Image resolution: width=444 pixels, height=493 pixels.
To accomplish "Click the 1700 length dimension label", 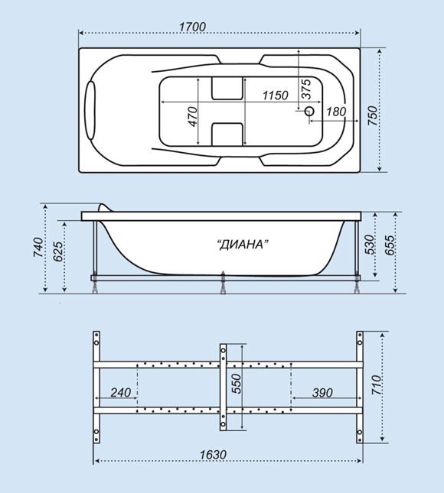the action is pos(192,27).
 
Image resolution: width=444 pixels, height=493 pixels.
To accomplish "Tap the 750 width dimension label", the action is pos(373,115).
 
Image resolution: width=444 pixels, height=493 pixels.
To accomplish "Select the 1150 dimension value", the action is pos(276,96).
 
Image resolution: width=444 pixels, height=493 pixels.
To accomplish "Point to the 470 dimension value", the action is pos(193,117).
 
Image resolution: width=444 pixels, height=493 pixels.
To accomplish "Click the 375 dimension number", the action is pos(306,89).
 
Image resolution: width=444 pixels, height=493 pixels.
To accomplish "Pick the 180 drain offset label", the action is pos(336,112).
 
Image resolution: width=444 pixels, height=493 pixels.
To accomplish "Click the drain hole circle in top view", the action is pos(309,111).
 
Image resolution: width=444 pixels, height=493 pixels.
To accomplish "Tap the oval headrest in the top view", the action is pos(90,110).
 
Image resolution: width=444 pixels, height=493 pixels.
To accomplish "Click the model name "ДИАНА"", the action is pos(243,245).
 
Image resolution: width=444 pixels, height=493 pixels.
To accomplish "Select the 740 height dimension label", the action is pos(38,248).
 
